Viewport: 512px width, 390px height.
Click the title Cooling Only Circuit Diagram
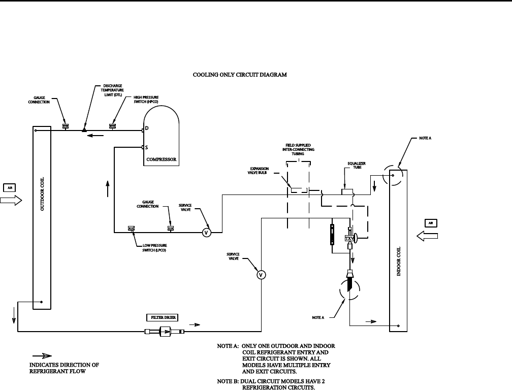pos(240,75)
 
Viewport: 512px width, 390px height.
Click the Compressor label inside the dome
pos(161,159)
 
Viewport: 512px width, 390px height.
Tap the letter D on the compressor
pos(146,128)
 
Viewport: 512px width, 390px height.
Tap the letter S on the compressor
pos(146,148)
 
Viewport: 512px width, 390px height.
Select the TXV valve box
pos(349,238)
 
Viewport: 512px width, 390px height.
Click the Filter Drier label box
pos(161,318)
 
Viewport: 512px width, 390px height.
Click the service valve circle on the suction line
pos(206,233)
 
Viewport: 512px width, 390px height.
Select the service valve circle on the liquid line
pos(261,275)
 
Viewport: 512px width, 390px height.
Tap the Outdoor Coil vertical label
pos(42,196)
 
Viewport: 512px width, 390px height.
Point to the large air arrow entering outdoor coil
pos(11,201)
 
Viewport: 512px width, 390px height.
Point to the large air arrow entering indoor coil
pos(427,236)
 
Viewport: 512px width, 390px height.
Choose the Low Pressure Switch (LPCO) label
pos(154,248)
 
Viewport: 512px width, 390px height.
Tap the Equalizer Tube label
pos(357,165)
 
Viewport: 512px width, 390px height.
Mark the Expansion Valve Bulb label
pos(259,170)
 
